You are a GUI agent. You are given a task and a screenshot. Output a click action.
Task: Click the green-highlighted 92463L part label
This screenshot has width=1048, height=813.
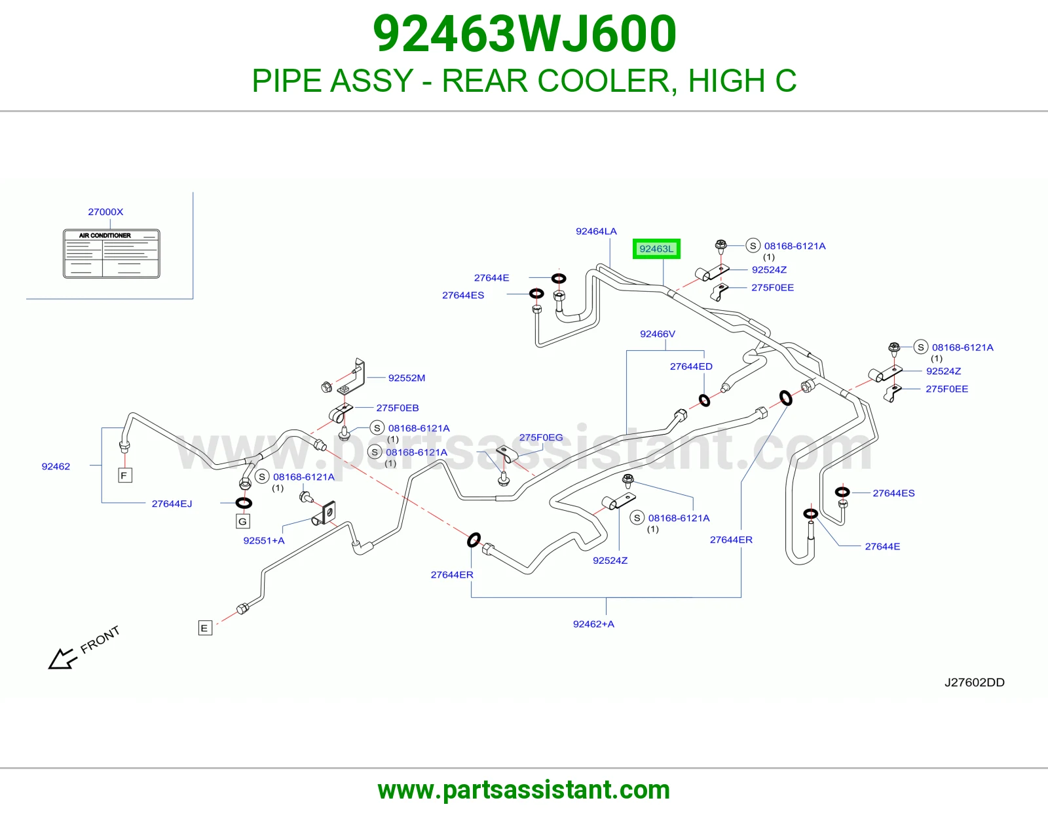click(656, 248)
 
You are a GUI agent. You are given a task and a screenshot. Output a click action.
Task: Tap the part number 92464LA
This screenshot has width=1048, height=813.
click(596, 231)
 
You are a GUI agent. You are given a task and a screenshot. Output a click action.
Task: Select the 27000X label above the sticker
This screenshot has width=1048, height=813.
click(105, 212)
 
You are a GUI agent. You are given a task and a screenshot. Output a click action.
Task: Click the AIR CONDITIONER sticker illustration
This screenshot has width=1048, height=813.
click(111, 254)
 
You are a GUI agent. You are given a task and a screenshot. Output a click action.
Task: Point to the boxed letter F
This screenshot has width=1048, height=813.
click(125, 475)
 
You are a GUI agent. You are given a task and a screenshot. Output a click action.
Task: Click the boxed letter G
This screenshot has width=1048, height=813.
click(242, 521)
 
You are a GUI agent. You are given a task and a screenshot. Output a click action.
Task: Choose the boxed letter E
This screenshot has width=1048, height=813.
click(205, 628)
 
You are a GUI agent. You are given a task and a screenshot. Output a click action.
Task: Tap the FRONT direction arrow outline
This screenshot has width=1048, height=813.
click(62, 658)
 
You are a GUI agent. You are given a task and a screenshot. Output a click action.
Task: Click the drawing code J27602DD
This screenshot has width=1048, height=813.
click(974, 682)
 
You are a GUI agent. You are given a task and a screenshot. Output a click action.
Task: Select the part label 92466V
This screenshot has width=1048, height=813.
click(658, 334)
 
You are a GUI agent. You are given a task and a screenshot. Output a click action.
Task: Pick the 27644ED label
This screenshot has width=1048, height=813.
click(691, 367)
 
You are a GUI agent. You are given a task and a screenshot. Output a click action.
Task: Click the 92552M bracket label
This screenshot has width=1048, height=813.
click(407, 378)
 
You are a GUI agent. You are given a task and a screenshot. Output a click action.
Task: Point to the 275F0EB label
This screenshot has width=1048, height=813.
click(398, 408)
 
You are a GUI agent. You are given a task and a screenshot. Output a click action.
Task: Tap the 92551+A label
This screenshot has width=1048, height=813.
click(264, 541)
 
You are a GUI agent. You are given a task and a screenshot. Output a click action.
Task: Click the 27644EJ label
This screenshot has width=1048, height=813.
click(172, 504)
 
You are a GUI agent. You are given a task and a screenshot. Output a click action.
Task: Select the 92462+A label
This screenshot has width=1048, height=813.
click(593, 624)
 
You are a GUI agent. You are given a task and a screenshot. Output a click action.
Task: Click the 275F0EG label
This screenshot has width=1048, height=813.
click(540, 437)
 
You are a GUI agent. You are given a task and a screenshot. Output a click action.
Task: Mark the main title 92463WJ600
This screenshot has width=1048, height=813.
click(525, 33)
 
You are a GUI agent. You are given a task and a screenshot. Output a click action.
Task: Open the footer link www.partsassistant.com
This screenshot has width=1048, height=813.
click(524, 790)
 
